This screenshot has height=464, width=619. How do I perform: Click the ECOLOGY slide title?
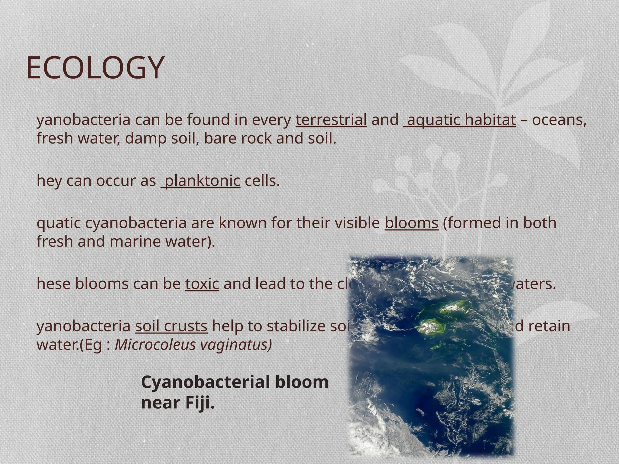click(95, 68)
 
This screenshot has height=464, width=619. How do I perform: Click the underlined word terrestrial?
click(331, 120)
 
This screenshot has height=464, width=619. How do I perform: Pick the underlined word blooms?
click(411, 223)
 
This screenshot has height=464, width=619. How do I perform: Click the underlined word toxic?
click(202, 284)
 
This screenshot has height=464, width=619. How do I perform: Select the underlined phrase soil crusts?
click(171, 327)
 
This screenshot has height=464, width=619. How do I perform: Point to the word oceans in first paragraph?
click(559, 120)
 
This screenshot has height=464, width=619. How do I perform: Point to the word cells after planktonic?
click(262, 181)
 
